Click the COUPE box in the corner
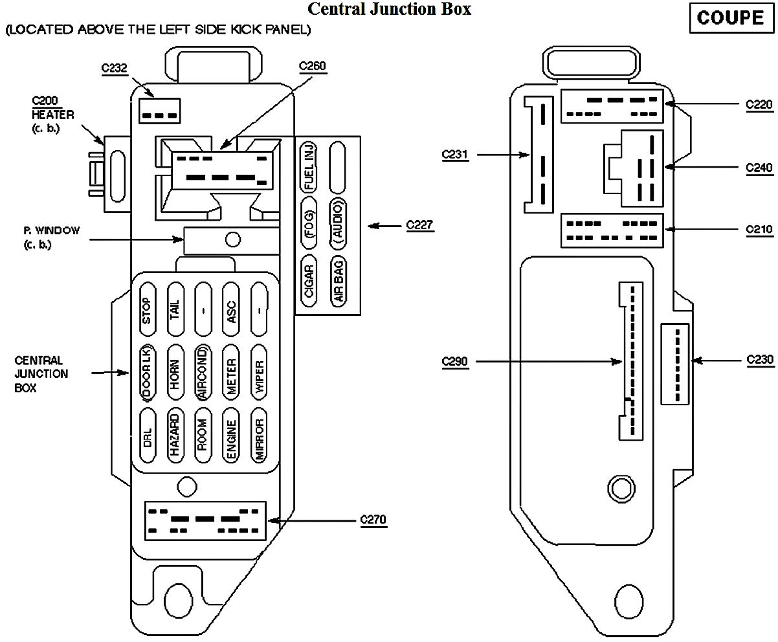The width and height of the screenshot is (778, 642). click(731, 18)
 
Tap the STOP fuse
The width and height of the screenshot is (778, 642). click(147, 309)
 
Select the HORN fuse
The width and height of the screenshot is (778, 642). click(175, 373)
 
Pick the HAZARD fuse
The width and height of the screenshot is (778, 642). click(175, 435)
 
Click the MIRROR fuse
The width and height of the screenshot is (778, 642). click(259, 435)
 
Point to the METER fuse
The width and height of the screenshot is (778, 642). click(231, 373)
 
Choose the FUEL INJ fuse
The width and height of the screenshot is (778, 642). click(309, 168)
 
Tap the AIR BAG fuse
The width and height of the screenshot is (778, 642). click(339, 282)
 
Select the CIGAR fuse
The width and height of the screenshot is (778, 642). click(309, 282)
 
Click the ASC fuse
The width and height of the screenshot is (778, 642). click(231, 309)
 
